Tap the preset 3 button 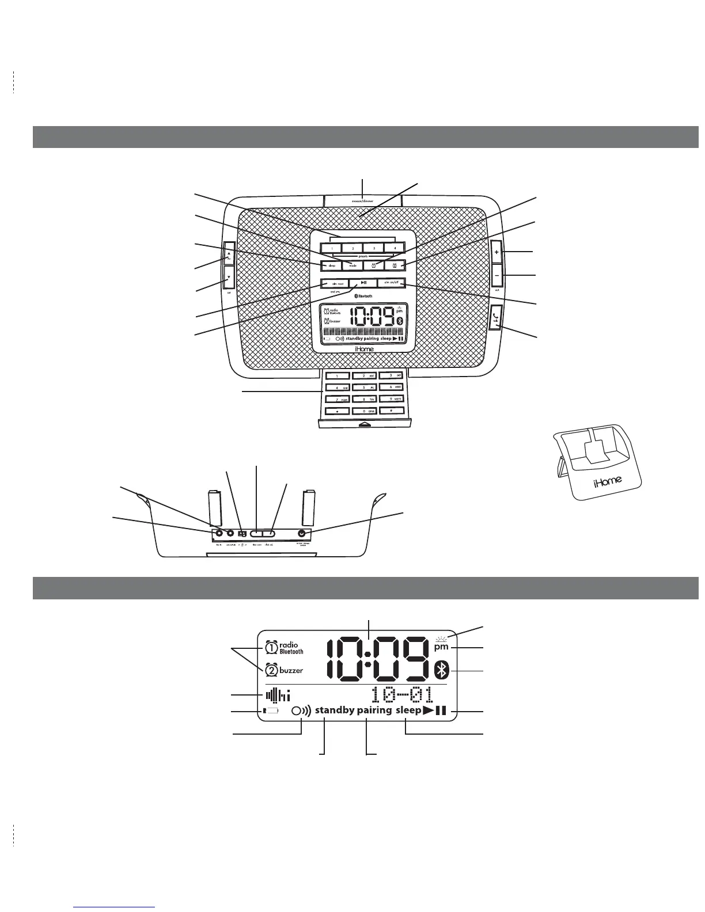(374, 248)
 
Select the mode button (352, 265)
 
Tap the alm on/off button (392, 283)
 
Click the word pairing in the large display (374, 710)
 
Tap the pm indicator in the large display (441, 647)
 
